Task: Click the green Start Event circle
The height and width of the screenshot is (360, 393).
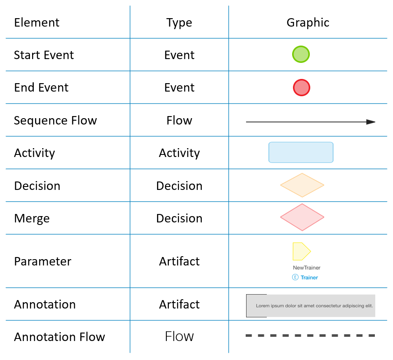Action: [x=301, y=54]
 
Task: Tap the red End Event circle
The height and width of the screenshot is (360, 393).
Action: [x=301, y=88]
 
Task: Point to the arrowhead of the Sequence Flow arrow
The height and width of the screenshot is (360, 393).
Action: [x=371, y=122]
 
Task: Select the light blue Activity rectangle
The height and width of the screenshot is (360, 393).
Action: [x=301, y=152]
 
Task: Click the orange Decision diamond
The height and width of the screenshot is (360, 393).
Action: [x=302, y=185]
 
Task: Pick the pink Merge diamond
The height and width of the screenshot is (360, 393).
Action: [x=302, y=217]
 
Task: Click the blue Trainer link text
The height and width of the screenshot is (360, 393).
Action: [x=309, y=278]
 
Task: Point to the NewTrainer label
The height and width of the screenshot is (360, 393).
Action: [x=306, y=268]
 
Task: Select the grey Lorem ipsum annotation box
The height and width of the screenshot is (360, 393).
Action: [x=311, y=306]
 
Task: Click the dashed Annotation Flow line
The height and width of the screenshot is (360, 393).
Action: [x=310, y=336]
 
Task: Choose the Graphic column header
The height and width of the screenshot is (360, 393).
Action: [x=308, y=23]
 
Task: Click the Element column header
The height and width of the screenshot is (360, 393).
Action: [x=37, y=22]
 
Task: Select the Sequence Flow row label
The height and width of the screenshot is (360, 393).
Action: [x=55, y=121]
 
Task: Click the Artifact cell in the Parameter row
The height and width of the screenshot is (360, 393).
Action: [x=179, y=262]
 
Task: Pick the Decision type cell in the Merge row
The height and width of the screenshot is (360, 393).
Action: [x=179, y=219]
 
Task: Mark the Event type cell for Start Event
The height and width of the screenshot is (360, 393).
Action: [x=179, y=55]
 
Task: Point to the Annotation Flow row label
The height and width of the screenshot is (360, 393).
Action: [x=60, y=337]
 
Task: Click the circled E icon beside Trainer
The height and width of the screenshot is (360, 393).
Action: [x=295, y=277]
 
